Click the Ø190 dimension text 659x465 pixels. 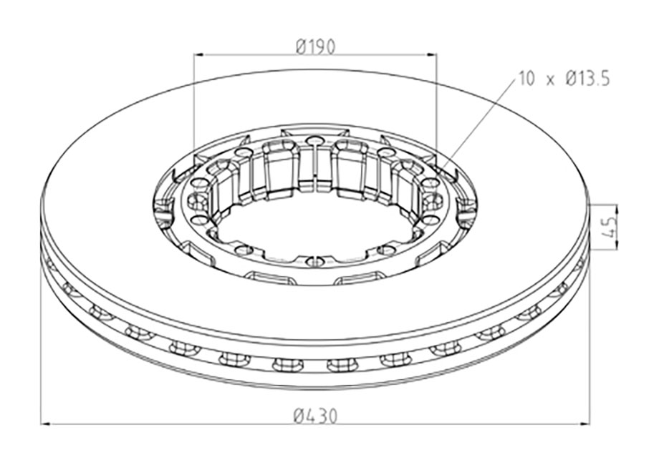coord(315,46)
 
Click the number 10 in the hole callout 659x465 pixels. coord(526,79)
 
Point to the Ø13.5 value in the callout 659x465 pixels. coord(587,79)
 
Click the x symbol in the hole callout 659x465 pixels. coord(551,81)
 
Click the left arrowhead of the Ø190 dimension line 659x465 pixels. coord(198,54)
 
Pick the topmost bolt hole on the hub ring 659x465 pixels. coord(314,140)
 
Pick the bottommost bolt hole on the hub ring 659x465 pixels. coord(314,260)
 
